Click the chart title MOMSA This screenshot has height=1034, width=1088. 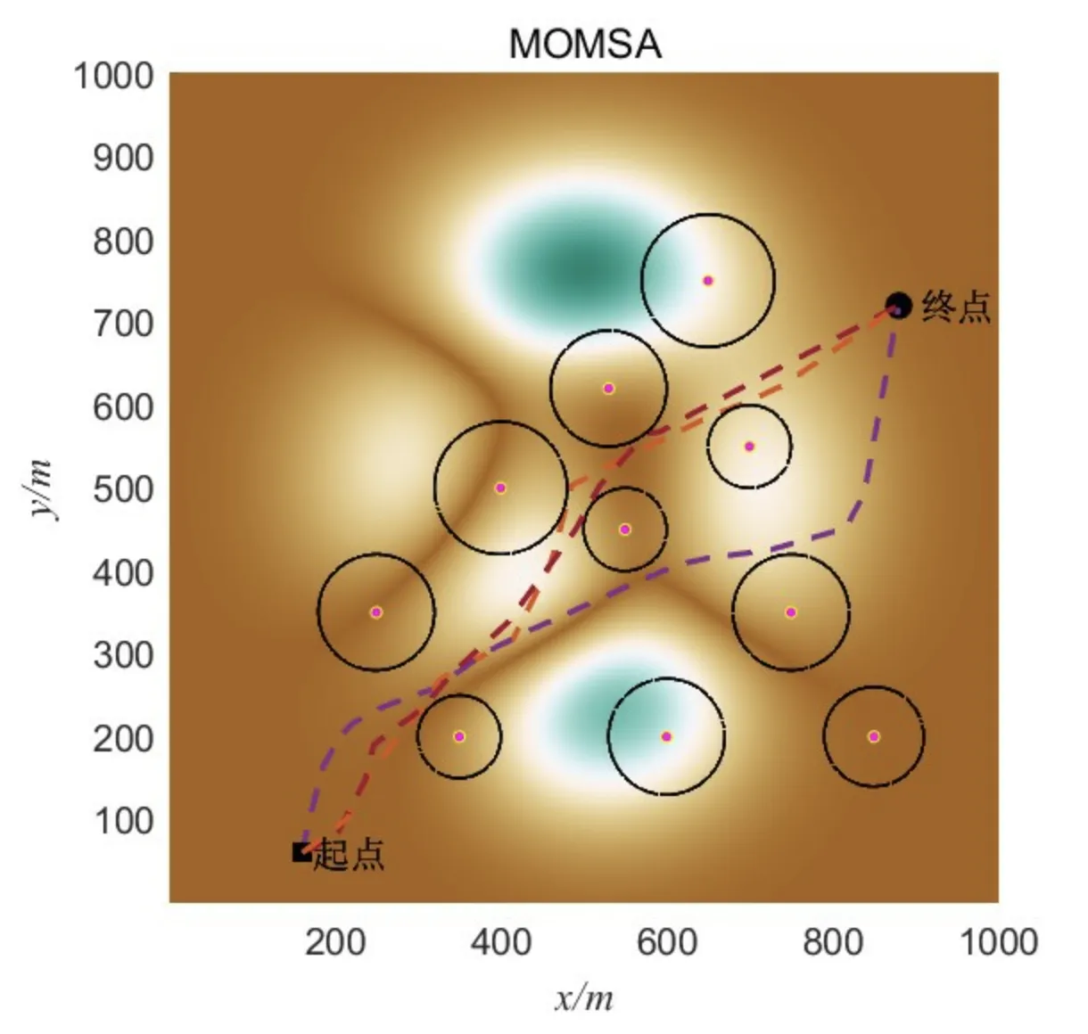click(585, 43)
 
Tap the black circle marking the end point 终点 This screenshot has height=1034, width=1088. click(897, 306)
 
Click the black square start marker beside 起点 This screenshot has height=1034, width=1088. click(301, 852)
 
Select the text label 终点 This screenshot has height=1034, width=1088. click(956, 307)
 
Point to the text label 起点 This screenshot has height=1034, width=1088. click(350, 855)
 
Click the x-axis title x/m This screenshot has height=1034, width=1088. click(584, 997)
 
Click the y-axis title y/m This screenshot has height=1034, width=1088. click(41, 488)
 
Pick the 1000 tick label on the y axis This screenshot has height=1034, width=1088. click(113, 76)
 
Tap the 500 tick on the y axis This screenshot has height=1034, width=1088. click(123, 489)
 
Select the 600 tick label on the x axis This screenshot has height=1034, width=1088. click(666, 941)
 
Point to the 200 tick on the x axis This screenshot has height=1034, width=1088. click(334, 941)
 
